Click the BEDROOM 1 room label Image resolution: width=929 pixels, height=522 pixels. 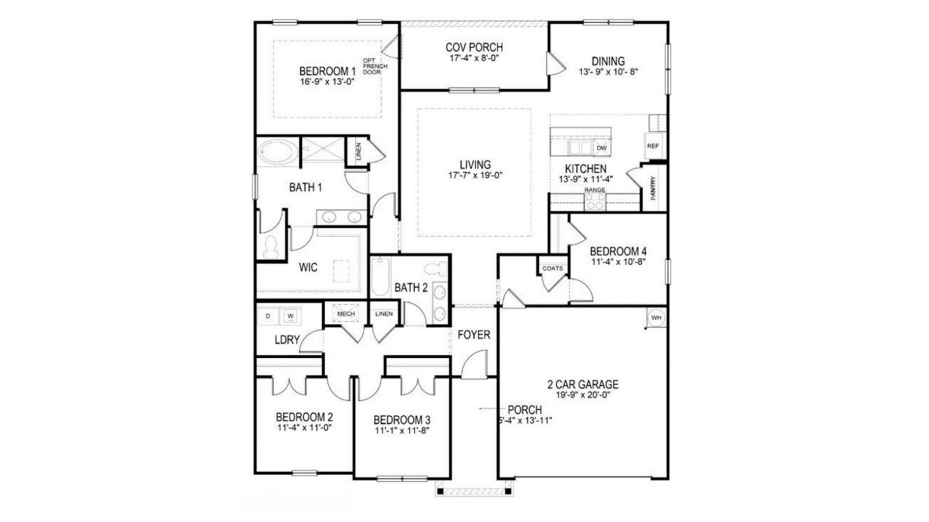point(327,71)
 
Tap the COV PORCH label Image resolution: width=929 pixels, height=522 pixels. point(474,47)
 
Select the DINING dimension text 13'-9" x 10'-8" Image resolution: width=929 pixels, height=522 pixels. point(608,72)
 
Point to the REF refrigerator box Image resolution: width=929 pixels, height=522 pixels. point(653,146)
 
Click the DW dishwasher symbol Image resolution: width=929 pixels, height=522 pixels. point(602,148)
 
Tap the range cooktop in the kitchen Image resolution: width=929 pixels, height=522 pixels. point(595,202)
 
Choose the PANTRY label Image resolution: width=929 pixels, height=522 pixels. point(654,188)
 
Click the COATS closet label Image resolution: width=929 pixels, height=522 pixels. point(552,268)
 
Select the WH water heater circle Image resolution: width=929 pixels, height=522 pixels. point(656,318)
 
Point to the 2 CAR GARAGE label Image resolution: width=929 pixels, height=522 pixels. point(582,384)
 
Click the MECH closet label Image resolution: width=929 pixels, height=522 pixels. point(346,314)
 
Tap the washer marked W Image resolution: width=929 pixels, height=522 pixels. point(290,316)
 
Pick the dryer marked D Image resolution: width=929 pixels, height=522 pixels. point(268,316)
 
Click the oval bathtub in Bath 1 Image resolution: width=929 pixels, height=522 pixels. point(277,152)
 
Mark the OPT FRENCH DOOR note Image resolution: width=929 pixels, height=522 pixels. point(374,66)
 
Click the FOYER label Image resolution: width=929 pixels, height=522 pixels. point(473,335)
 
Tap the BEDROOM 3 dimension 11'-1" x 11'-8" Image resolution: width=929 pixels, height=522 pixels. point(402,430)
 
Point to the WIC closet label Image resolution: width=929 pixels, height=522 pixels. point(308,267)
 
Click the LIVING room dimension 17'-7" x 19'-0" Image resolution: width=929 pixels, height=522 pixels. point(475,175)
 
